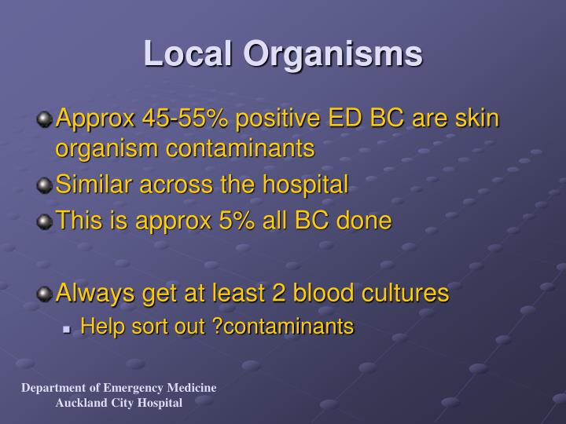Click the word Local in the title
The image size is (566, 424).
click(x=188, y=53)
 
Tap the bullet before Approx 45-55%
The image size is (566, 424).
click(x=45, y=119)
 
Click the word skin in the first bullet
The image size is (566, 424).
click(x=476, y=119)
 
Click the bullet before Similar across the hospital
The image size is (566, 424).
click(x=45, y=186)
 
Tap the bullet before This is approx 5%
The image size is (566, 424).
click(x=45, y=221)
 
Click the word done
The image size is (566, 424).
click(x=362, y=221)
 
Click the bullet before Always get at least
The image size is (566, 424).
click(x=45, y=294)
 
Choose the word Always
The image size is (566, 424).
click(x=95, y=294)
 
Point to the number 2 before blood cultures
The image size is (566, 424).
click(x=277, y=294)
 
